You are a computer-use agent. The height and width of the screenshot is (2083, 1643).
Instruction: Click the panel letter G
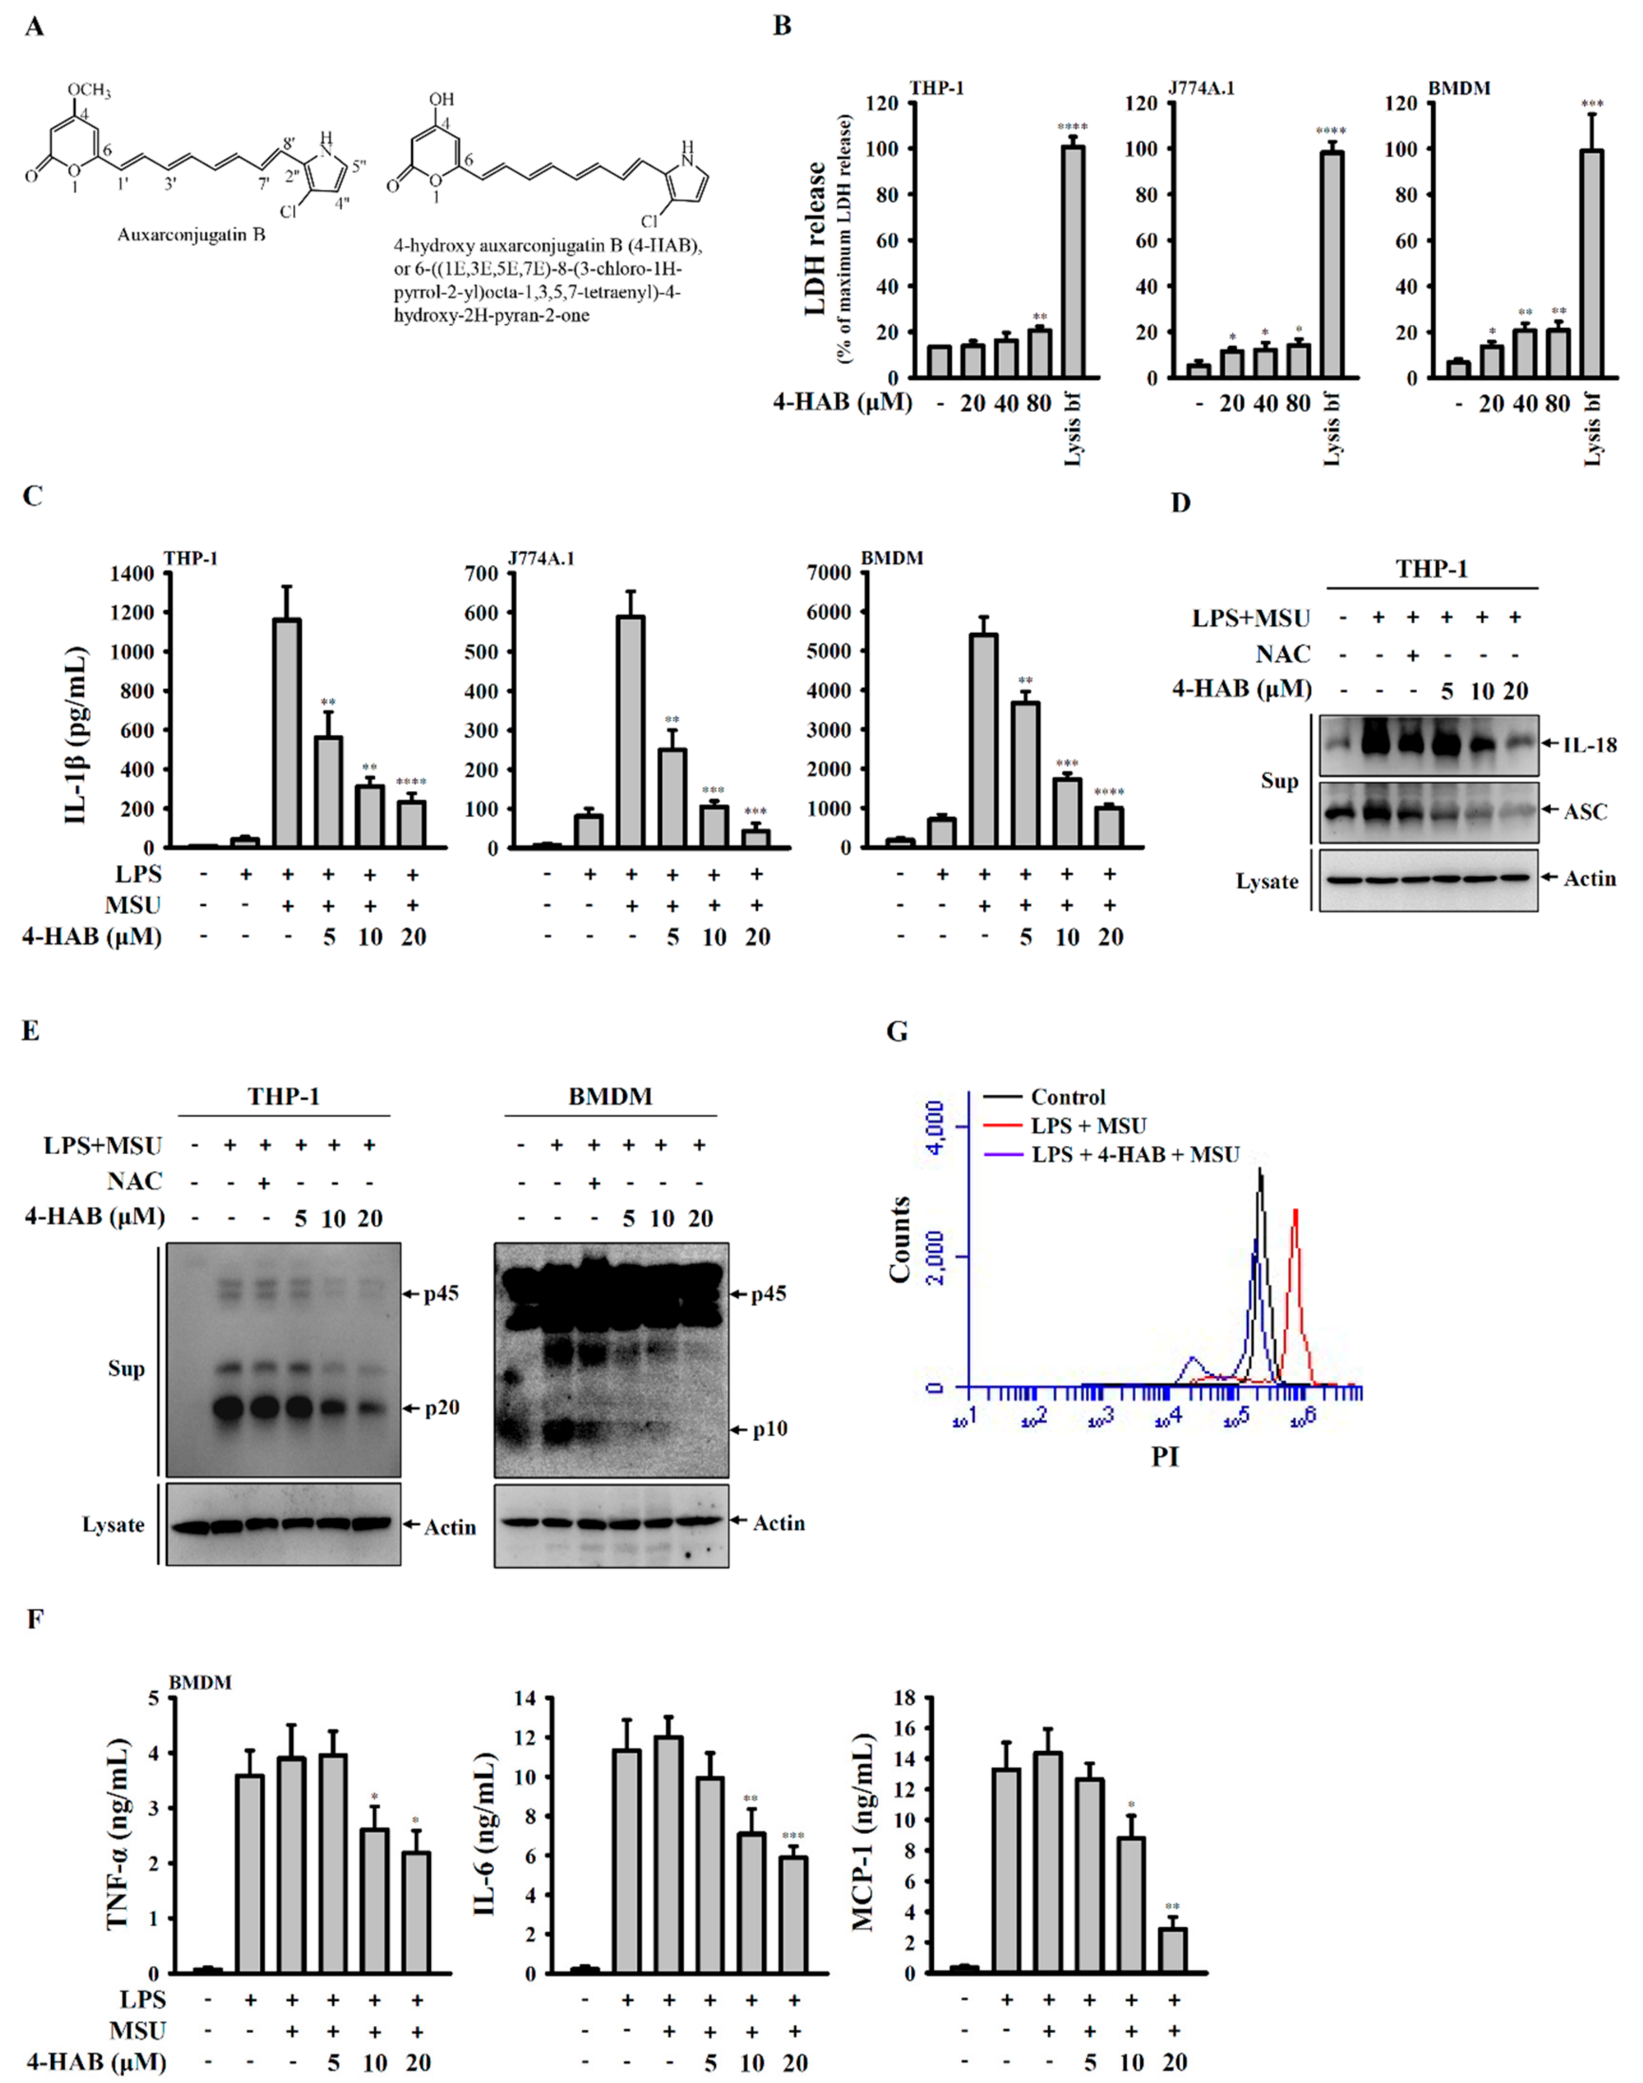coord(897,1032)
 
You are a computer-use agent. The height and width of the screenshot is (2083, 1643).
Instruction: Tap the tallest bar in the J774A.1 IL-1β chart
coord(631,731)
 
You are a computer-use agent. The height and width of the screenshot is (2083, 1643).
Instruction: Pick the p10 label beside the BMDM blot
coord(769,1429)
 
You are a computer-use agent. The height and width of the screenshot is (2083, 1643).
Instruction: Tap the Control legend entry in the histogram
coord(1068,1097)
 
